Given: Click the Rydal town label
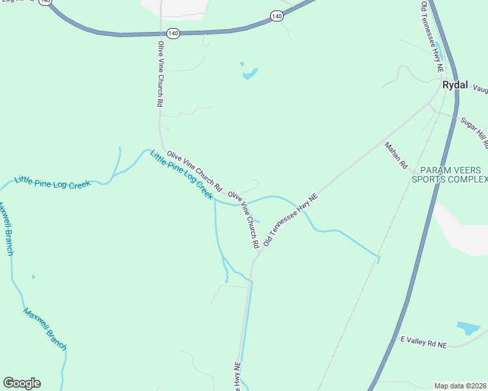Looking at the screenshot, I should (x=457, y=85).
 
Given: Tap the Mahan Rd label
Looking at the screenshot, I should (x=395, y=157).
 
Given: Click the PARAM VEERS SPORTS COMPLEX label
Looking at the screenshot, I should (x=450, y=174).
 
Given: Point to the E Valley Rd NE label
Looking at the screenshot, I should (x=423, y=341).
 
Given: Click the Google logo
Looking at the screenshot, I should (x=22, y=383).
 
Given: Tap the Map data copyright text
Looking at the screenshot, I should (x=460, y=386).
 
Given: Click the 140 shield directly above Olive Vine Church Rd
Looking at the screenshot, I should (x=172, y=33).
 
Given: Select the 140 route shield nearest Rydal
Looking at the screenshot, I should (x=277, y=16).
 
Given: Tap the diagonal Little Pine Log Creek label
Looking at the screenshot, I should (x=181, y=175).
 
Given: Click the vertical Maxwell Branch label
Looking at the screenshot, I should (x=6, y=228).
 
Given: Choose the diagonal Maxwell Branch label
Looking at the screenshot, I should (x=44, y=330).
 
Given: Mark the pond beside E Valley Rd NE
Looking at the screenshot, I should (x=468, y=328).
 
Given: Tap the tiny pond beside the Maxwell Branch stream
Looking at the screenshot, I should (x=33, y=276).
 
